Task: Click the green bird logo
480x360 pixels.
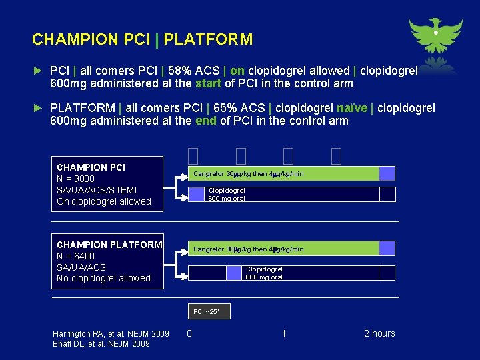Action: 435,37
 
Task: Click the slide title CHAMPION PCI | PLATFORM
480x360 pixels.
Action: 142,39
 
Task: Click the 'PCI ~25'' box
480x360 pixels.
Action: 210,311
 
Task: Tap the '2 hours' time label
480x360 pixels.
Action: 379,333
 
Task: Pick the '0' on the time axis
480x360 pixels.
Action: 189,333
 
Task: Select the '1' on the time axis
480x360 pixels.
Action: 284,333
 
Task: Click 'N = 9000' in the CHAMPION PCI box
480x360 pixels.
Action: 75,179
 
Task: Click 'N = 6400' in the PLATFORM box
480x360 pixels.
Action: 75,256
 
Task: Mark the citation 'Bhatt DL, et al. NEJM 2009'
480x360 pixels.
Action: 101,344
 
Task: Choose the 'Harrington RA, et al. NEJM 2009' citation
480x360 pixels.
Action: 111,333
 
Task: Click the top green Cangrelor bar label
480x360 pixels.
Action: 248,174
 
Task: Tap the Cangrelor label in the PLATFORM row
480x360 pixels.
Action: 248,249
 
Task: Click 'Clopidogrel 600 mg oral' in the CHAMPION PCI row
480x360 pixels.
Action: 227,194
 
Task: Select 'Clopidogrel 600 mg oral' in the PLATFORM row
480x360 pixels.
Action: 264,273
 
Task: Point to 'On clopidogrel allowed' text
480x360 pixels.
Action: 104,201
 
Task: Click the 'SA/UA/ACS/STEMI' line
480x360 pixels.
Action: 97,190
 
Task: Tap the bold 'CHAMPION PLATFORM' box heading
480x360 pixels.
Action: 109,245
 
